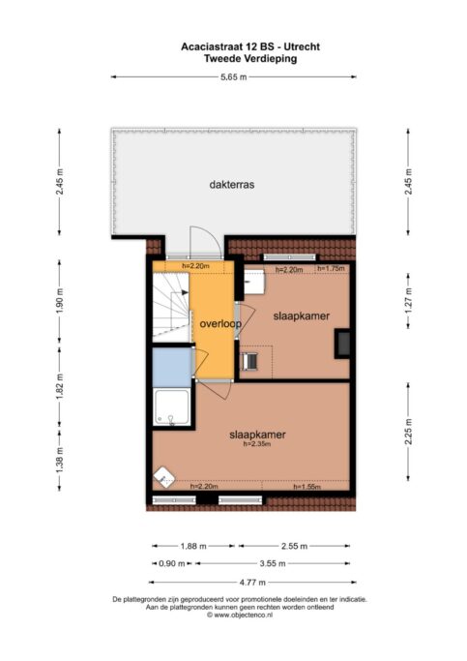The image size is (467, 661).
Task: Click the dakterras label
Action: click(232, 185)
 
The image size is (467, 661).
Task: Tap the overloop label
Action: click(220, 324)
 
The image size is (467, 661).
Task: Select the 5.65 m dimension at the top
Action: click(234, 77)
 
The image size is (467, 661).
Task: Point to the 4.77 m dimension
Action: click(252, 583)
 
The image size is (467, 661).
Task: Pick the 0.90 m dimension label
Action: click(172, 563)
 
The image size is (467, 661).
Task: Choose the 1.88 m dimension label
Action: click(193, 546)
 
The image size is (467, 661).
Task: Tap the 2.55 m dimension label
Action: click(294, 546)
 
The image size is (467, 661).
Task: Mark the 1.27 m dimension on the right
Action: click(408, 300)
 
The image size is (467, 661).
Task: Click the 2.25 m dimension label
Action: click(408, 432)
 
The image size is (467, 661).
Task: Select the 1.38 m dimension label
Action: click(59, 461)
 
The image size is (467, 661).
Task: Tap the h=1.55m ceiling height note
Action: click(306, 487)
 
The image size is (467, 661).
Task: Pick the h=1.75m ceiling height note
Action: click(331, 268)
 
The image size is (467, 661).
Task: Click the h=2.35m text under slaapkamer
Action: click(257, 443)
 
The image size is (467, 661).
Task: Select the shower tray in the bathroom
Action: click(172, 407)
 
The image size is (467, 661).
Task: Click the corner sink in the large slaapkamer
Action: click(164, 477)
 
